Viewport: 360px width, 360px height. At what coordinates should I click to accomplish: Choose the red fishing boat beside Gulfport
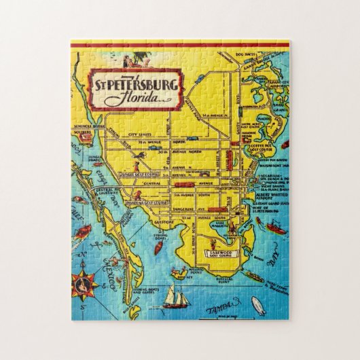(x=158, y=247)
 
